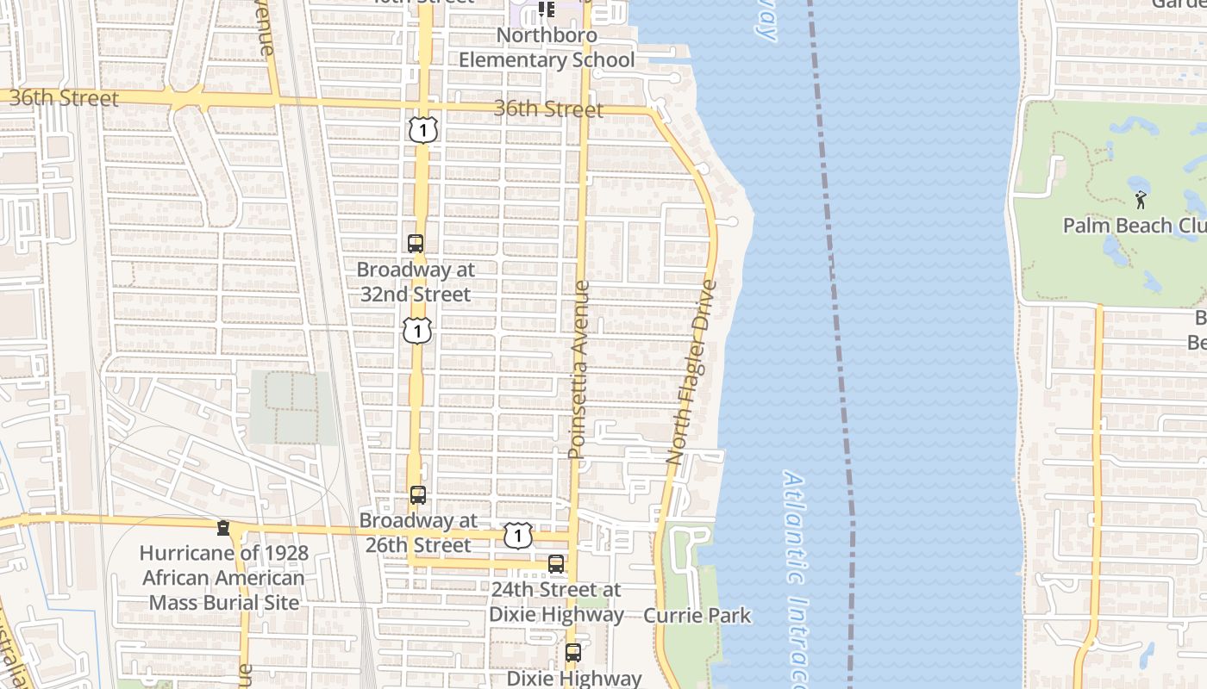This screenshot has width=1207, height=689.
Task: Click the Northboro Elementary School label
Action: [x=547, y=48]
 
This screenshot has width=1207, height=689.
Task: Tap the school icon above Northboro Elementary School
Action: [x=546, y=9]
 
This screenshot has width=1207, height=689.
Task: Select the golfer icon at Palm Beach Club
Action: [x=1141, y=200]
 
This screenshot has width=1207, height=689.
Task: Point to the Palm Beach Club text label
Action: [x=1134, y=226]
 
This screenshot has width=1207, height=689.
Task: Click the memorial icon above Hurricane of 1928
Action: [x=223, y=527]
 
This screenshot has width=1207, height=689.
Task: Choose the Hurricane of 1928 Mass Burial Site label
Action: [x=224, y=578]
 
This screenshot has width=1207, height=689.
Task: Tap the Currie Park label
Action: [x=697, y=616]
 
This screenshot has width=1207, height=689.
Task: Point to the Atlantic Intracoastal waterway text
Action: [x=797, y=577]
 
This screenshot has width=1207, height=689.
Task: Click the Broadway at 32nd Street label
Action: [x=416, y=282]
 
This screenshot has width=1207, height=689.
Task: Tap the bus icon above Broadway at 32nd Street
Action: [x=416, y=244]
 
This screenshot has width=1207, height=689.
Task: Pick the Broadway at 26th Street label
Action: [x=417, y=533]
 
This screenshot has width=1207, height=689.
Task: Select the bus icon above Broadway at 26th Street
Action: [x=418, y=495]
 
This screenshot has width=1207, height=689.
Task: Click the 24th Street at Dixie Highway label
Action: [x=556, y=602]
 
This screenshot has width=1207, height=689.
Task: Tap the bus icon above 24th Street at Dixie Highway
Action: [x=556, y=564]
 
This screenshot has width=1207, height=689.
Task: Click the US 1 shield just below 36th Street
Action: [x=423, y=130]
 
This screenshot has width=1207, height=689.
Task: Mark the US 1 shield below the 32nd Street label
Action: [x=417, y=330]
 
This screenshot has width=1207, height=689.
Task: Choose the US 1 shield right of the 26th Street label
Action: [x=517, y=536]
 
